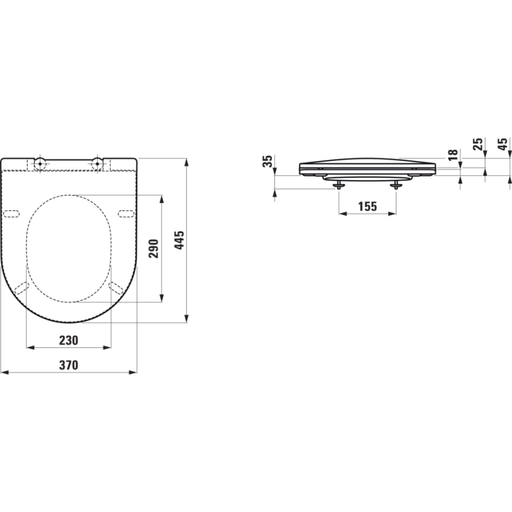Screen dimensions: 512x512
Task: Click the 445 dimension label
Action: pos(180,241)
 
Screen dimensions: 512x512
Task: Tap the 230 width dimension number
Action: pos(68,340)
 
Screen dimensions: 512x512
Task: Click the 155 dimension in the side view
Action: pos(367,206)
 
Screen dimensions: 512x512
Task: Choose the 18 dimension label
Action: pos(452,155)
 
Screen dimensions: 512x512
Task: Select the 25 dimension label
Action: pos(478,143)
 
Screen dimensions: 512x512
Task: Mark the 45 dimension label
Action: pos(503,143)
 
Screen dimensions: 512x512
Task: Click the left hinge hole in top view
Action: pos(40,162)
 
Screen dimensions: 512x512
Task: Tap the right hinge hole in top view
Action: pos(97,162)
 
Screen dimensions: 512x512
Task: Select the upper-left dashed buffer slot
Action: pos(12,213)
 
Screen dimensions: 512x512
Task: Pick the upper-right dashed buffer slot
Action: pos(126,213)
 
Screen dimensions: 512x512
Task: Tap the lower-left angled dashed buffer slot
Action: pos(21,288)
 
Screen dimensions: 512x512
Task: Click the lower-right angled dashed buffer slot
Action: pos(116,288)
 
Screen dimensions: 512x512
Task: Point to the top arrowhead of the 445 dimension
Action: pos(187,161)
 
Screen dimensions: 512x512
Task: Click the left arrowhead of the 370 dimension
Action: pos(4,372)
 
